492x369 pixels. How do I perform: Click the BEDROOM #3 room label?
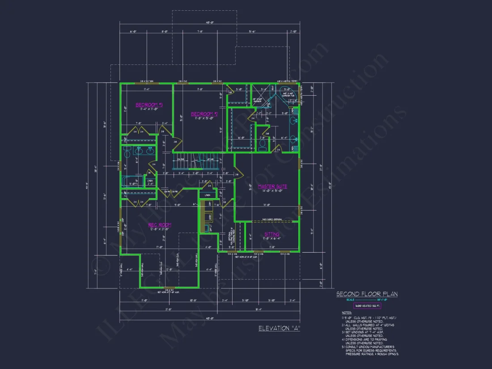coord(149,105)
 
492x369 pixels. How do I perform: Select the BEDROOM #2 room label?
coord(204,114)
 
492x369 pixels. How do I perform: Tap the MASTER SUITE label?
coord(272,186)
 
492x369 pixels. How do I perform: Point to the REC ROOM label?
coord(160,225)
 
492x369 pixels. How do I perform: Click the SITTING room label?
coord(271,234)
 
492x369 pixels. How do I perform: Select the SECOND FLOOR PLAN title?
coord(367,294)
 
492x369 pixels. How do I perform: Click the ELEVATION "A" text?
coord(279,328)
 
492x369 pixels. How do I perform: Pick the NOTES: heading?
coord(347,313)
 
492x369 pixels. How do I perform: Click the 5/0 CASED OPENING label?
coord(272,220)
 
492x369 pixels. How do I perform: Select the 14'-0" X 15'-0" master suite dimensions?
coord(272,191)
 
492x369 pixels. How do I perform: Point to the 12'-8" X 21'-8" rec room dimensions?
coord(160,229)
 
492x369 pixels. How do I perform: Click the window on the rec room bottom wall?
coord(170,288)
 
